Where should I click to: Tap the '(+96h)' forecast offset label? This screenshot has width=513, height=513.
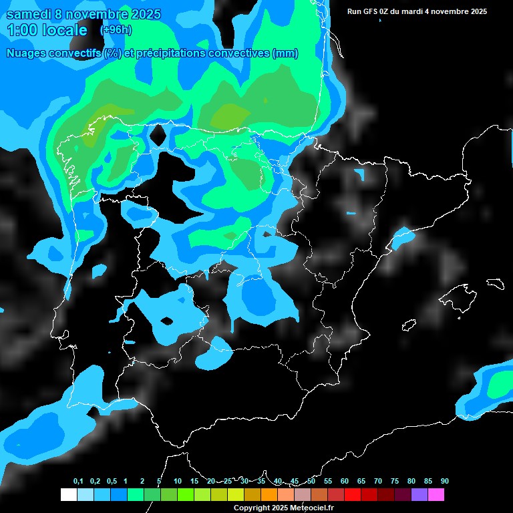tap(116, 30)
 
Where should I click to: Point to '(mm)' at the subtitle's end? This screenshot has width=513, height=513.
tap(285, 53)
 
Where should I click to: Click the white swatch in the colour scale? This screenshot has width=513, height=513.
tap(68, 495)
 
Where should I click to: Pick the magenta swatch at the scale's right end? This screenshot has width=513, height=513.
tap(436, 495)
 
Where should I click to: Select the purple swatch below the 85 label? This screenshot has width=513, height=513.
tap(419, 495)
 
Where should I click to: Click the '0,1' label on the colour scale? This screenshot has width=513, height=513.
tap(77, 481)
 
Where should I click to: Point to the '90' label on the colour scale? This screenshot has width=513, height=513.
tap(444, 481)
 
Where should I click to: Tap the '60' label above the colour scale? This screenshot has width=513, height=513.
tap(344, 481)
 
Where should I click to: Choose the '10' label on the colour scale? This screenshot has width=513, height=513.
tap(177, 481)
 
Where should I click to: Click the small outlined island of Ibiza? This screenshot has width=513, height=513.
tap(409, 325)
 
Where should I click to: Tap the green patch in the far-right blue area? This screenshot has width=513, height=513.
tap(500, 385)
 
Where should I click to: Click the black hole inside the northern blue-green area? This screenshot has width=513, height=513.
tap(158, 134)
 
